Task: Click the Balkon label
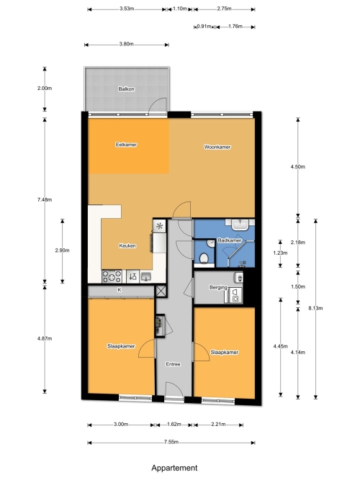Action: click(126, 89)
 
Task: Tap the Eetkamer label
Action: click(126, 145)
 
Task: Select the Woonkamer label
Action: click(217, 147)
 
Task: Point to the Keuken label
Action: click(127, 245)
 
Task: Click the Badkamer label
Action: click(230, 240)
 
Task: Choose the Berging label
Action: click(218, 287)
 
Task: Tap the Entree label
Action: click(173, 364)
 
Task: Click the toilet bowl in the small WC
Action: click(204, 258)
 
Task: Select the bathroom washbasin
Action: click(240, 225)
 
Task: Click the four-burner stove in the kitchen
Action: click(112, 276)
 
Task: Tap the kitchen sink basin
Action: click(146, 277)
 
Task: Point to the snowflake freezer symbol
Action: click(159, 227)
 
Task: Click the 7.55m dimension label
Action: click(171, 442)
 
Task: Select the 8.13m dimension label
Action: click(315, 308)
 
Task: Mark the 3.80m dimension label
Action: click(126, 44)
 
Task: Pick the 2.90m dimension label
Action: click(62, 250)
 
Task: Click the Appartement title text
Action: click(174, 468)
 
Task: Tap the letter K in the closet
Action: click(120, 289)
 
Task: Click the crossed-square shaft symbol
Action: click(161, 291)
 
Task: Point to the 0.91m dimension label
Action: click(204, 27)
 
